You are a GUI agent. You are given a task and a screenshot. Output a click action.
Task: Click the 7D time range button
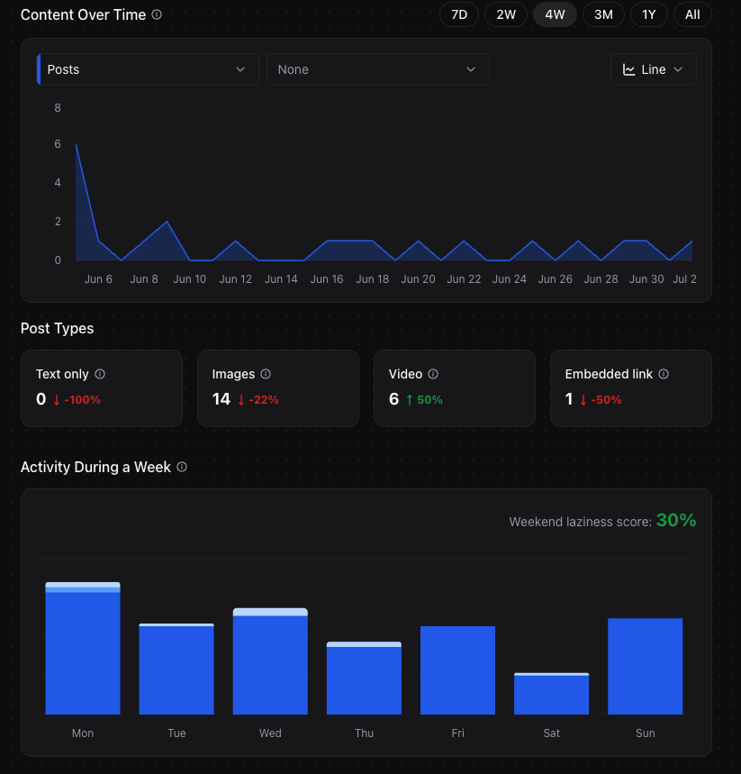pos(459,14)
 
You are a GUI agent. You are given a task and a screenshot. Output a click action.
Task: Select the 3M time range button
pos(603,14)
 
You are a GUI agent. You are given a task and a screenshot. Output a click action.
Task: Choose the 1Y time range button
pos(648,14)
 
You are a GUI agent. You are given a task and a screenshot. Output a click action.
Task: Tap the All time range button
pos(692,14)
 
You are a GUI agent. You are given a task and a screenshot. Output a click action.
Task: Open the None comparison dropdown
pos(377,69)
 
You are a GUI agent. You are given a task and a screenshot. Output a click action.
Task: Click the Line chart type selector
pos(653,69)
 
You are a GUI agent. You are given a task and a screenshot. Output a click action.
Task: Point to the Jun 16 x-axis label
pos(327,279)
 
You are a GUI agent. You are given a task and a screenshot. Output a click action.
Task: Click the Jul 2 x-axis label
pos(685,279)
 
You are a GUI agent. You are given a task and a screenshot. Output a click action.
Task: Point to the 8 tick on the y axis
pos(58,108)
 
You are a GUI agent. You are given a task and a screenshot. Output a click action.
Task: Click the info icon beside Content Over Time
pos(157,14)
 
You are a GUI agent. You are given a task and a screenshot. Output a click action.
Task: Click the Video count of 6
pos(393,399)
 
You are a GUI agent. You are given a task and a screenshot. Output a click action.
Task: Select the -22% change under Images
pos(258,400)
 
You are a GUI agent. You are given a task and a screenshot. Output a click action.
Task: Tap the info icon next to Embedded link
pos(664,374)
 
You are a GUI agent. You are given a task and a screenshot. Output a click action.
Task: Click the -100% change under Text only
pos(82,400)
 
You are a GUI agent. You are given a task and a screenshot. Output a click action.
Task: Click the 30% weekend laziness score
pos(676,521)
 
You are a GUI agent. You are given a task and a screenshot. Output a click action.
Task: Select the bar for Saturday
pos(551,694)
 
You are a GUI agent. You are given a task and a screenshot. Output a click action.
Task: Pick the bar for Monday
pos(83,649)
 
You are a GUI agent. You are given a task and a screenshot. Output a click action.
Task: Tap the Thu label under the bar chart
pos(364,733)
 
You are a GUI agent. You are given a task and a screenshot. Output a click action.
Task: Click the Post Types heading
pos(57,328)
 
